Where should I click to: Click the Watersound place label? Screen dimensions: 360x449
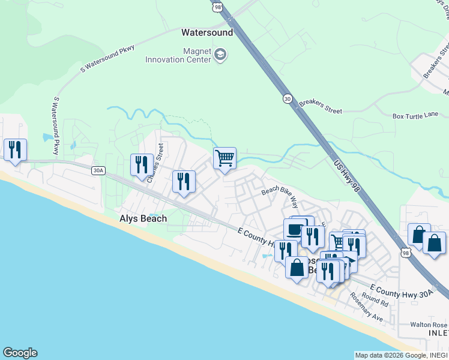point(207,32)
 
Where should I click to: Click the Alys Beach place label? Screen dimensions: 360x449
point(142,219)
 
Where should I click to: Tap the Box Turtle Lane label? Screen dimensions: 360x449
point(415,116)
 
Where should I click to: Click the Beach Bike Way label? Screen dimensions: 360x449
point(280,196)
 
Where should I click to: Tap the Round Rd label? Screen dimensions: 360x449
point(375,298)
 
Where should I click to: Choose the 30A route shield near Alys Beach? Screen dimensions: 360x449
point(98,171)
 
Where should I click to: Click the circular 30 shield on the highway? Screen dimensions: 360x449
point(288,98)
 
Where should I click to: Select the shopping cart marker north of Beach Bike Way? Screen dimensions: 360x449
point(224,159)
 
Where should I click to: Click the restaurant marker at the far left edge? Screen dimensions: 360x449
point(15,149)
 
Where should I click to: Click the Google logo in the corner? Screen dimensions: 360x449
point(20,353)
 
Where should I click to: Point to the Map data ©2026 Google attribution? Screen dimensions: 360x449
point(401,355)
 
